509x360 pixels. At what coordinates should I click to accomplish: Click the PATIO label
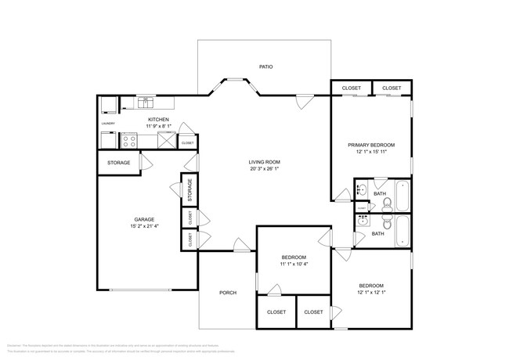click(266, 67)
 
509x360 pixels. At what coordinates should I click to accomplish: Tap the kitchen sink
click(145, 102)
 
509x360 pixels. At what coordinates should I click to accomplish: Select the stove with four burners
click(129, 141)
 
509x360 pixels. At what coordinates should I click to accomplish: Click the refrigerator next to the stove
click(165, 141)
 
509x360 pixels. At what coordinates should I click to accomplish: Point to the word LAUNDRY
click(108, 124)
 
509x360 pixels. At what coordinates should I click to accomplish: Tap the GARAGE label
click(143, 219)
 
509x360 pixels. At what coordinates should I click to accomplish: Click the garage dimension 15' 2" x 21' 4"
click(143, 226)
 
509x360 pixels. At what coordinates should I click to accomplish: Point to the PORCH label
click(227, 293)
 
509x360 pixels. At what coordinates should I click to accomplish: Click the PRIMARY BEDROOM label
click(371, 145)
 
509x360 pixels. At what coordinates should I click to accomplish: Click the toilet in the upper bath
click(386, 204)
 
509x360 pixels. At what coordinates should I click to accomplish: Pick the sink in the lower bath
click(362, 221)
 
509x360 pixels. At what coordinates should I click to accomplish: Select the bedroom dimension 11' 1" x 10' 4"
click(294, 265)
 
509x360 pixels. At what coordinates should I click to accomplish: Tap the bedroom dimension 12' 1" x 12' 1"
click(371, 293)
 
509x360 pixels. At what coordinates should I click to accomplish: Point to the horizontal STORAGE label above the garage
click(119, 164)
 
